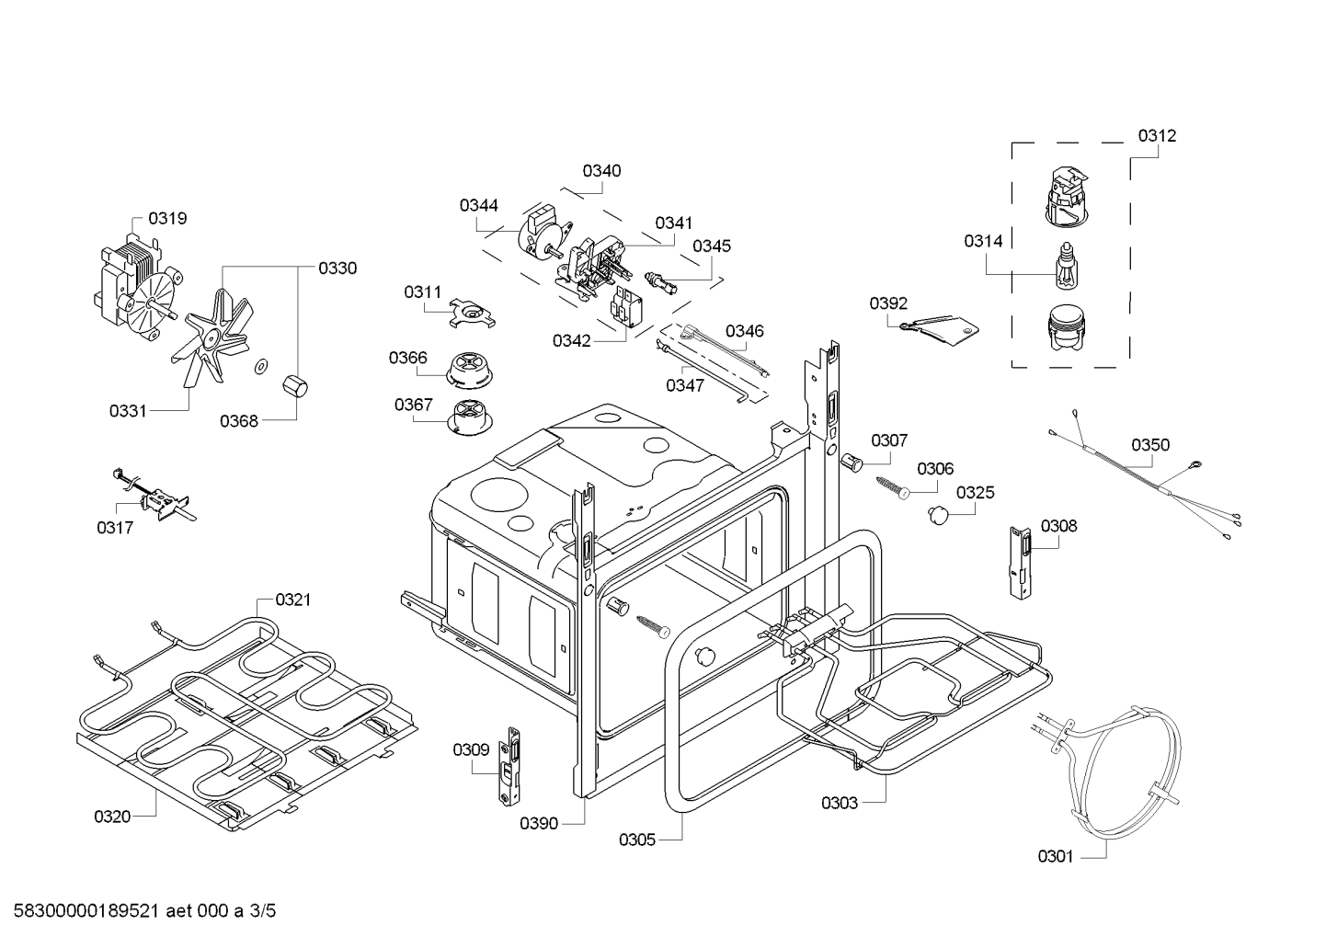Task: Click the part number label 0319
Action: pyautogui.click(x=167, y=219)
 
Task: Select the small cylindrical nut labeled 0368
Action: pyautogui.click(x=295, y=386)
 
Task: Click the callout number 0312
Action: pyautogui.click(x=1156, y=136)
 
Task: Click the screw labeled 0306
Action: pyautogui.click(x=893, y=486)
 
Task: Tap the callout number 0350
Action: pyautogui.click(x=1149, y=446)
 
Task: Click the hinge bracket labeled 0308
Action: pyautogui.click(x=1019, y=561)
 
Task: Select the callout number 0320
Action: pyautogui.click(x=112, y=816)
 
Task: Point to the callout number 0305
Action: pyautogui.click(x=637, y=839)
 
